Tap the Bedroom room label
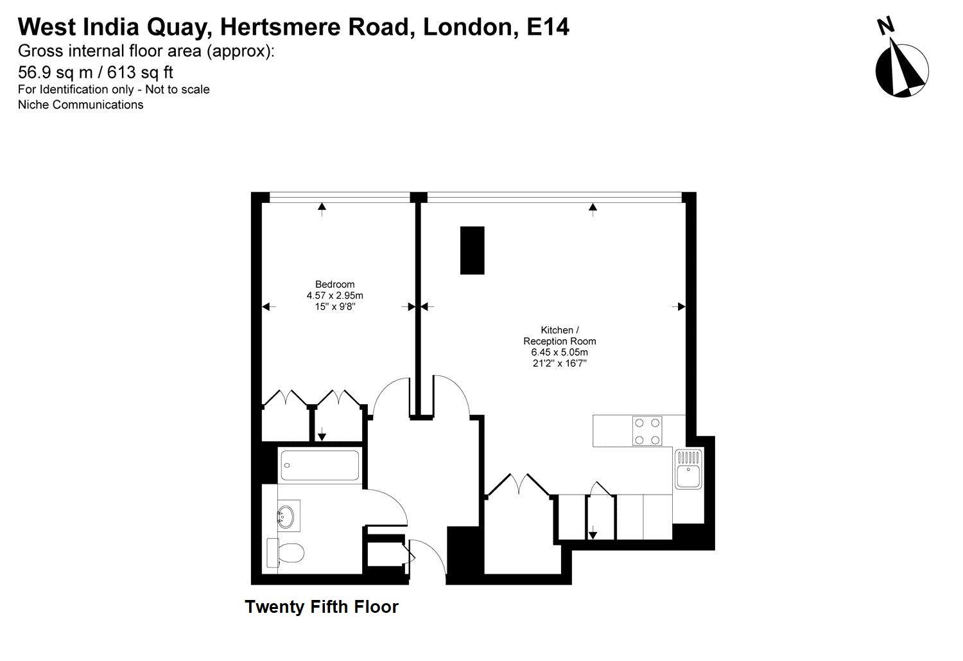coord(334,285)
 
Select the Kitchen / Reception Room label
coord(559,336)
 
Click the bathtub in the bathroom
coord(320,465)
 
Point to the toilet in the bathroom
coord(287,552)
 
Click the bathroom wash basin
coord(286,515)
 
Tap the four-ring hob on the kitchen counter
coord(647,431)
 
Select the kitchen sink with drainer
coord(688,468)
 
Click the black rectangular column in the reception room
coord(472,250)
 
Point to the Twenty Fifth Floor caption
coord(322,606)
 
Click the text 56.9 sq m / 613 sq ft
coord(96,71)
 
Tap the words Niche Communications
coord(80,105)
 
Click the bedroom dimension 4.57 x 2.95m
coord(334,295)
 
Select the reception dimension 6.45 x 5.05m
coord(559,353)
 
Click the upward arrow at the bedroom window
coord(322,206)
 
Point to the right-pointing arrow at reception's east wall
coord(679,307)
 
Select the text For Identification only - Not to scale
coord(114,89)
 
